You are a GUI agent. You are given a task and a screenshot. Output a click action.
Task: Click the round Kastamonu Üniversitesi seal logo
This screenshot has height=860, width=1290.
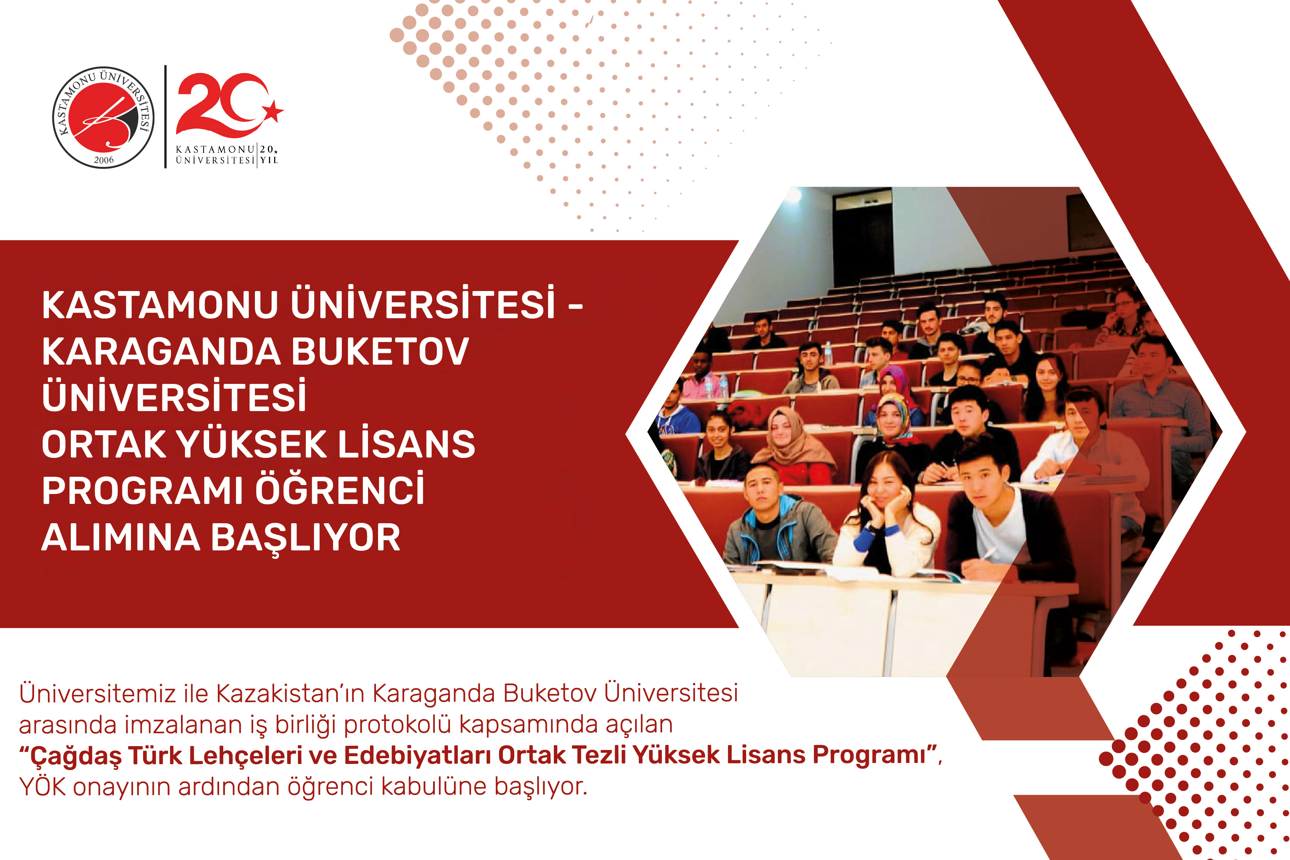pyautogui.click(x=103, y=117)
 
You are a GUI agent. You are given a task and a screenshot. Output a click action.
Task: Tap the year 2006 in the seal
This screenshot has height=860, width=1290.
pyautogui.click(x=104, y=160)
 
